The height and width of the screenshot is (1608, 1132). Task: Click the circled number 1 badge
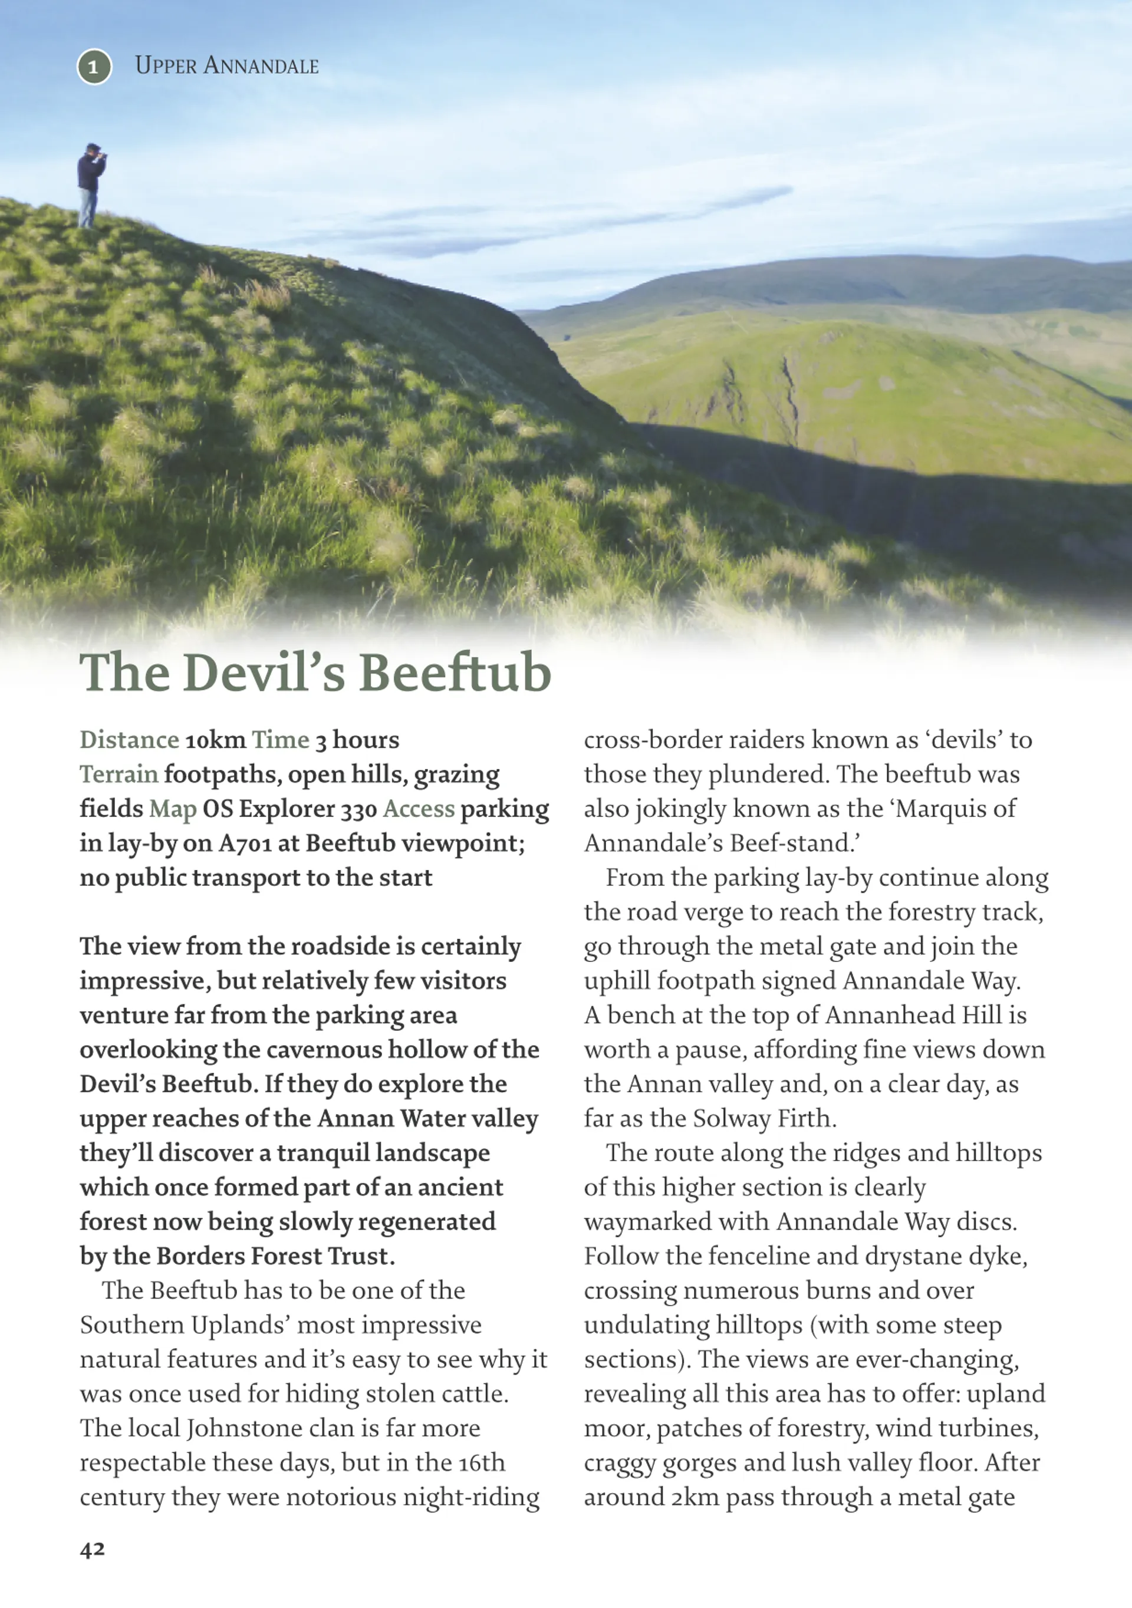pos(94,67)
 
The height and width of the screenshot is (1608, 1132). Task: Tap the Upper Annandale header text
pos(226,66)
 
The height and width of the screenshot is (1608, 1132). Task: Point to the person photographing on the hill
pos(90,185)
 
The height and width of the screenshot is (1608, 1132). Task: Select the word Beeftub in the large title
pos(455,673)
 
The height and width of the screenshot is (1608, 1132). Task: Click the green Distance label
pos(130,740)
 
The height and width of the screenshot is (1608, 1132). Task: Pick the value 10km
pos(215,740)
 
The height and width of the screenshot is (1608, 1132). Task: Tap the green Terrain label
pos(119,775)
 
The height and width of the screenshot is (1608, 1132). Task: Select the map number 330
pos(358,809)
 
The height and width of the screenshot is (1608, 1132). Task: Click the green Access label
pos(419,809)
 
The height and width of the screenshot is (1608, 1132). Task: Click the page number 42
pos(93,1548)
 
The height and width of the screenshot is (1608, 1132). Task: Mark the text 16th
pos(482,1462)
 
